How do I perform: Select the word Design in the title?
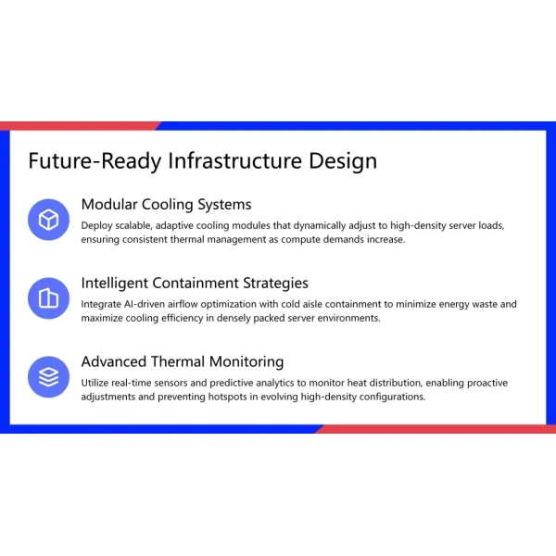(x=343, y=161)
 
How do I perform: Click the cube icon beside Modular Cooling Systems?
(x=48, y=220)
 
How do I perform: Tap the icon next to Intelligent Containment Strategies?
(x=48, y=298)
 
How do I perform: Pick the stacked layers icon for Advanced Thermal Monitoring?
(x=48, y=377)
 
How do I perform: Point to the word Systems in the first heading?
(x=223, y=205)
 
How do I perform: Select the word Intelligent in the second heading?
(x=119, y=284)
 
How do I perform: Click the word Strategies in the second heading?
(x=275, y=284)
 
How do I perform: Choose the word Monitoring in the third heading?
(x=243, y=362)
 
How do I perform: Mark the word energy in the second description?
(x=444, y=304)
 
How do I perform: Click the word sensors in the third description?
(x=178, y=383)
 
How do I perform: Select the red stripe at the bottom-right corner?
(x=436, y=429)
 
